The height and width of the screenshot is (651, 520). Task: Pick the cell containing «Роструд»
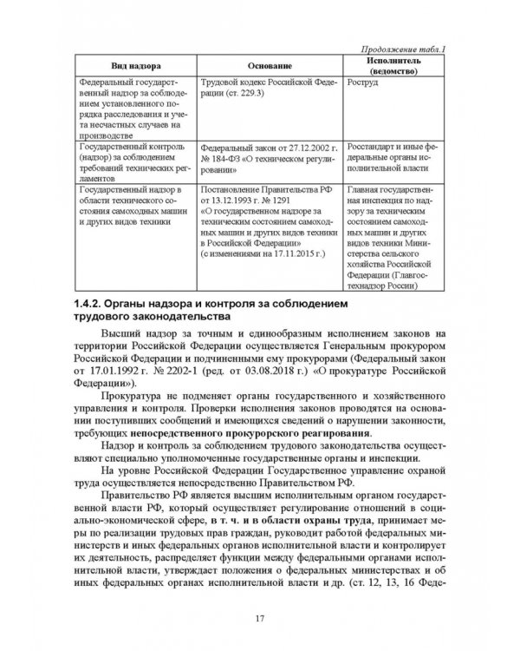[361, 83]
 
